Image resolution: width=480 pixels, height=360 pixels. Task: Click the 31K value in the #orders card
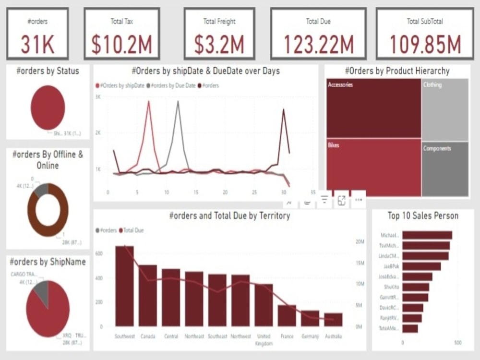coord(37,44)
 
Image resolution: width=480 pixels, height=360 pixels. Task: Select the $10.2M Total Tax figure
coord(121,44)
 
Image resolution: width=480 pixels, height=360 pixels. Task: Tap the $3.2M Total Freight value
coord(219,44)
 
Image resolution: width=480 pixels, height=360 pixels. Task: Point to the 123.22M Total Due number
coord(318,44)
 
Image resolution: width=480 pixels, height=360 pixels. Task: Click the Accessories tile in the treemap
coord(373,108)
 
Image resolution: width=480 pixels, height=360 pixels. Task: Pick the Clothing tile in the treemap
coord(445,109)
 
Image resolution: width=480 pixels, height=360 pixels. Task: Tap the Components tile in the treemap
coord(445,169)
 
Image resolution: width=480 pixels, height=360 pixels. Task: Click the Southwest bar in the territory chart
coord(125,286)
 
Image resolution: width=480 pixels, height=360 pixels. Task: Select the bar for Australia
coord(333,320)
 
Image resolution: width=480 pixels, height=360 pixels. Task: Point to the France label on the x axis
coord(287,336)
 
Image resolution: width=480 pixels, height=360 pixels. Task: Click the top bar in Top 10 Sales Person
coord(427,235)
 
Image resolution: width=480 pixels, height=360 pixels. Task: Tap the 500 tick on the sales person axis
coord(457,343)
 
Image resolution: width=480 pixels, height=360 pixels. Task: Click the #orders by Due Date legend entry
coord(173,85)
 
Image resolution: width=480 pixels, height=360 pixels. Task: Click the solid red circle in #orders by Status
coord(48,108)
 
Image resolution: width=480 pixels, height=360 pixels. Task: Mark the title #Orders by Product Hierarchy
coord(397,71)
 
